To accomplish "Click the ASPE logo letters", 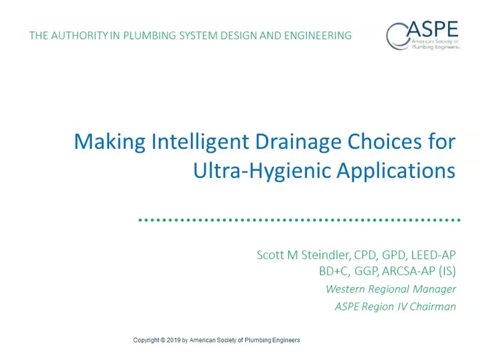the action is pyautogui.click(x=432, y=29).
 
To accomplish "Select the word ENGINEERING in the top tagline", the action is pyautogui.click(x=318, y=36).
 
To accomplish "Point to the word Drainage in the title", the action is pyautogui.click(x=298, y=142).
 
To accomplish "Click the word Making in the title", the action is pyautogui.click(x=110, y=142).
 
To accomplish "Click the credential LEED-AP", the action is pyautogui.click(x=433, y=255).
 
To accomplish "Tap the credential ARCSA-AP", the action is pyautogui.click(x=409, y=271).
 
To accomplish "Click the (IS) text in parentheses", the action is pyautogui.click(x=447, y=271).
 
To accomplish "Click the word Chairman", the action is pyautogui.click(x=433, y=307).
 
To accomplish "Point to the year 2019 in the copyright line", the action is pyautogui.click(x=173, y=340).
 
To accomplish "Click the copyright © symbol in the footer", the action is pyautogui.click(x=163, y=340).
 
